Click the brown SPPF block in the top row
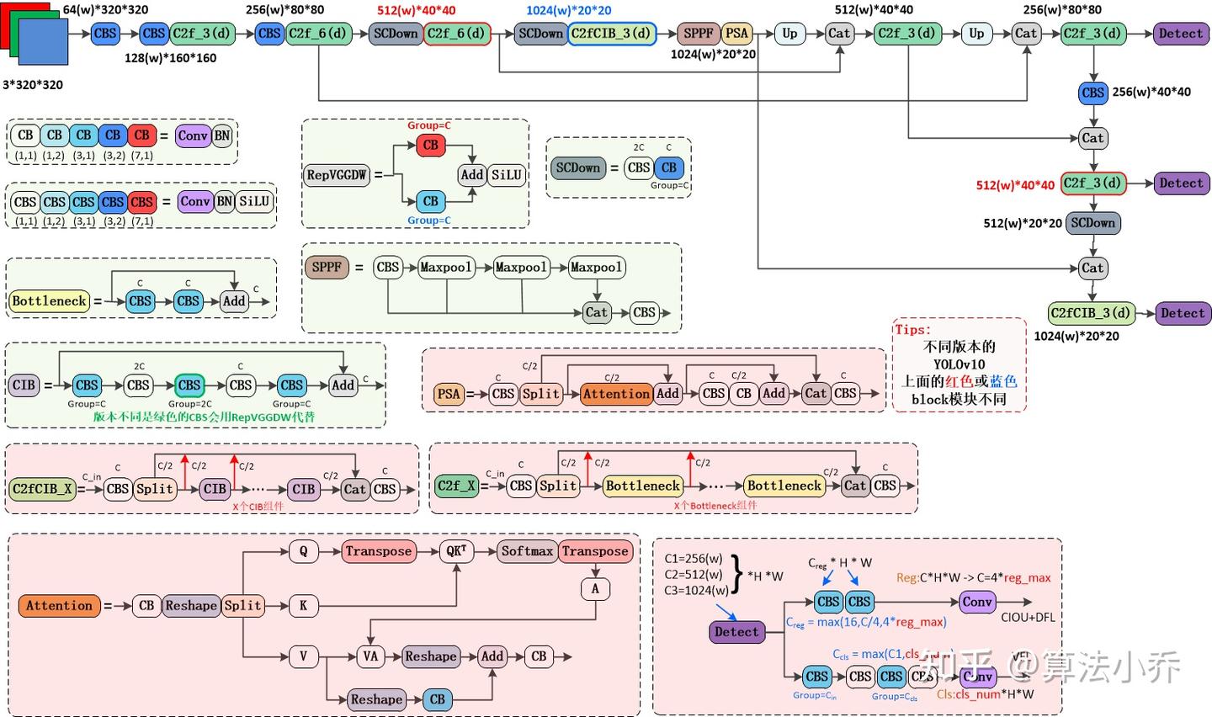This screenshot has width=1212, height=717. [699, 34]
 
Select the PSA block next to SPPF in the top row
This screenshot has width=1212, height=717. [736, 34]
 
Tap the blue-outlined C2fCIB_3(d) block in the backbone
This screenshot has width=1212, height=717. [611, 34]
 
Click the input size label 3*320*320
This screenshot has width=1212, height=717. [33, 84]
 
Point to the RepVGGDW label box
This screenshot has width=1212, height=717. [337, 175]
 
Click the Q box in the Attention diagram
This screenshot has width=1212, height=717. [303, 551]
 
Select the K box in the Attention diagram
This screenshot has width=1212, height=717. [303, 605]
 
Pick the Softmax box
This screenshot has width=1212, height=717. [527, 551]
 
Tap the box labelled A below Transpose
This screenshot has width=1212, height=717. [595, 588]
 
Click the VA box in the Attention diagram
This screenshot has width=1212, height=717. [370, 656]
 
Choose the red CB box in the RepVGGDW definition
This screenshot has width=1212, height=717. [431, 145]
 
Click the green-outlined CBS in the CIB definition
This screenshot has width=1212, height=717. [189, 385]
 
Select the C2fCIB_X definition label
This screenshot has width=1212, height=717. [42, 489]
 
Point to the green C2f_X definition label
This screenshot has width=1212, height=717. [457, 486]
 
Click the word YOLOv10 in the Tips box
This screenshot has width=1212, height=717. [959, 364]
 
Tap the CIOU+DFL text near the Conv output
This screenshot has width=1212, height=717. [1028, 618]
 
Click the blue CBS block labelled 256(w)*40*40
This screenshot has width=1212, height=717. [1092, 93]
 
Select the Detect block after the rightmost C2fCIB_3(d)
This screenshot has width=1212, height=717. [1183, 313]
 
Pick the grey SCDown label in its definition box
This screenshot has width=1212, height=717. [578, 167]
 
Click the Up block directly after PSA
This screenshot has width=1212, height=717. [789, 34]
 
